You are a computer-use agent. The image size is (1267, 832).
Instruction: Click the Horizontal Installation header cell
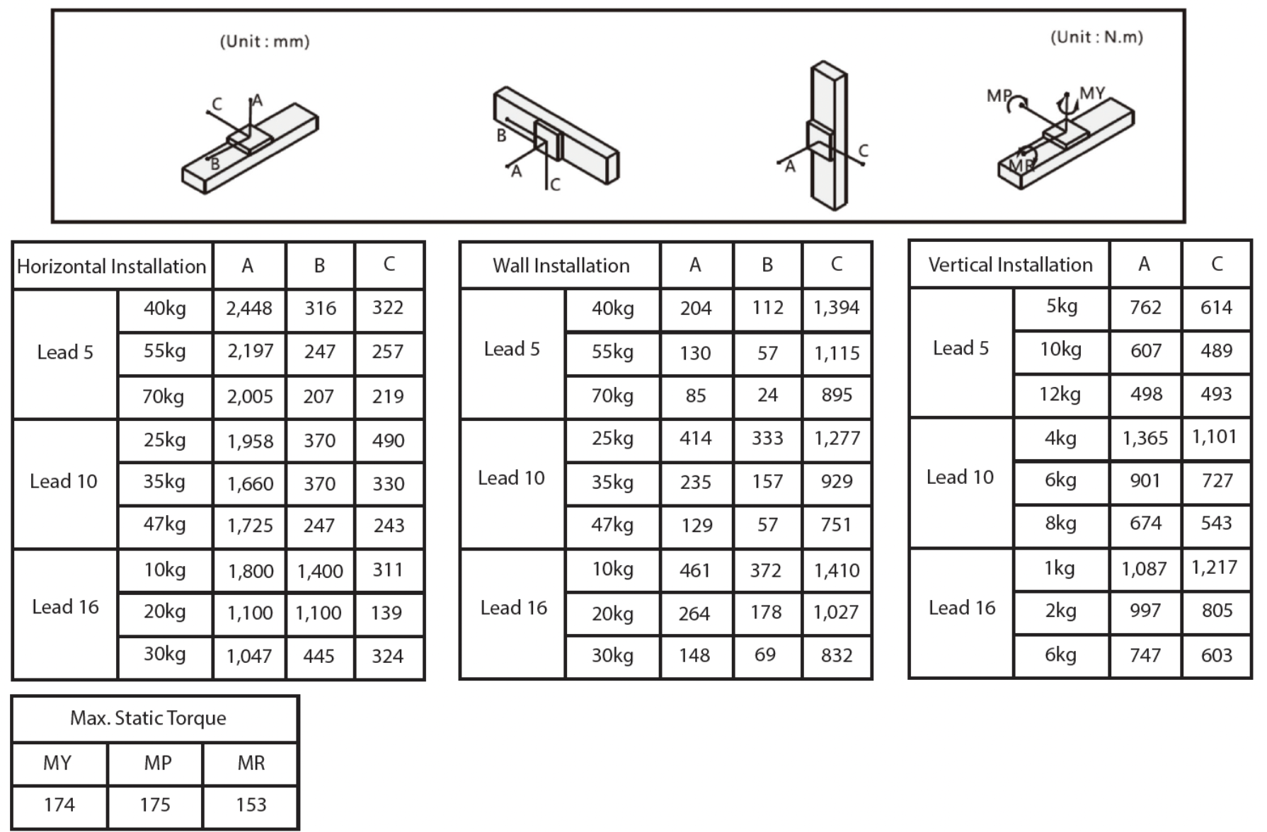click(x=112, y=267)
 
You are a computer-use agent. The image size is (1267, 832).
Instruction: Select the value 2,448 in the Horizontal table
click(x=249, y=308)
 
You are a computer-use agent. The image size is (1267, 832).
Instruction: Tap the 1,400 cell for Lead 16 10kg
click(x=320, y=571)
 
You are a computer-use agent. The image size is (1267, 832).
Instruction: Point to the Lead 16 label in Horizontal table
click(x=65, y=607)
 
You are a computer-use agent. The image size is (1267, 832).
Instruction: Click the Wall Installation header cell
click(x=561, y=266)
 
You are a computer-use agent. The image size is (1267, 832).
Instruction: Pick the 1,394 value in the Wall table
click(x=836, y=308)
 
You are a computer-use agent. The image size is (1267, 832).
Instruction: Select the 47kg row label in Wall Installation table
click(x=612, y=525)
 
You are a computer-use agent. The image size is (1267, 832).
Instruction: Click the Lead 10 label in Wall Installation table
click(x=511, y=478)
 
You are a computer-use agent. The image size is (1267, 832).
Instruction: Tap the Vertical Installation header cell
click(x=1010, y=265)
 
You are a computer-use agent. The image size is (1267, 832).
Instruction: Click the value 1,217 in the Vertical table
click(x=1215, y=567)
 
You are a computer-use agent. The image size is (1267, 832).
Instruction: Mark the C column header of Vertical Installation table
click(x=1217, y=265)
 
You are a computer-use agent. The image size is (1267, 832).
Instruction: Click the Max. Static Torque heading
click(x=148, y=718)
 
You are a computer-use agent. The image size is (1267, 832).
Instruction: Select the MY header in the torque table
click(x=57, y=763)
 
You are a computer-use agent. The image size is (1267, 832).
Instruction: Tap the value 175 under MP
click(x=155, y=805)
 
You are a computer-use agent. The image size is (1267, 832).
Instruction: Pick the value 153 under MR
click(x=251, y=805)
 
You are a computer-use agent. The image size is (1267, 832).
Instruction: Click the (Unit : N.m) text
click(x=1096, y=37)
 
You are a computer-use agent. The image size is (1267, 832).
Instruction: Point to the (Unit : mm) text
click(x=265, y=42)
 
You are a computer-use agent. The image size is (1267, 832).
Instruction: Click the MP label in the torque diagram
click(x=998, y=96)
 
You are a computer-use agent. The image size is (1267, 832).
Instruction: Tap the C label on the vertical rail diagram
click(x=863, y=151)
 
